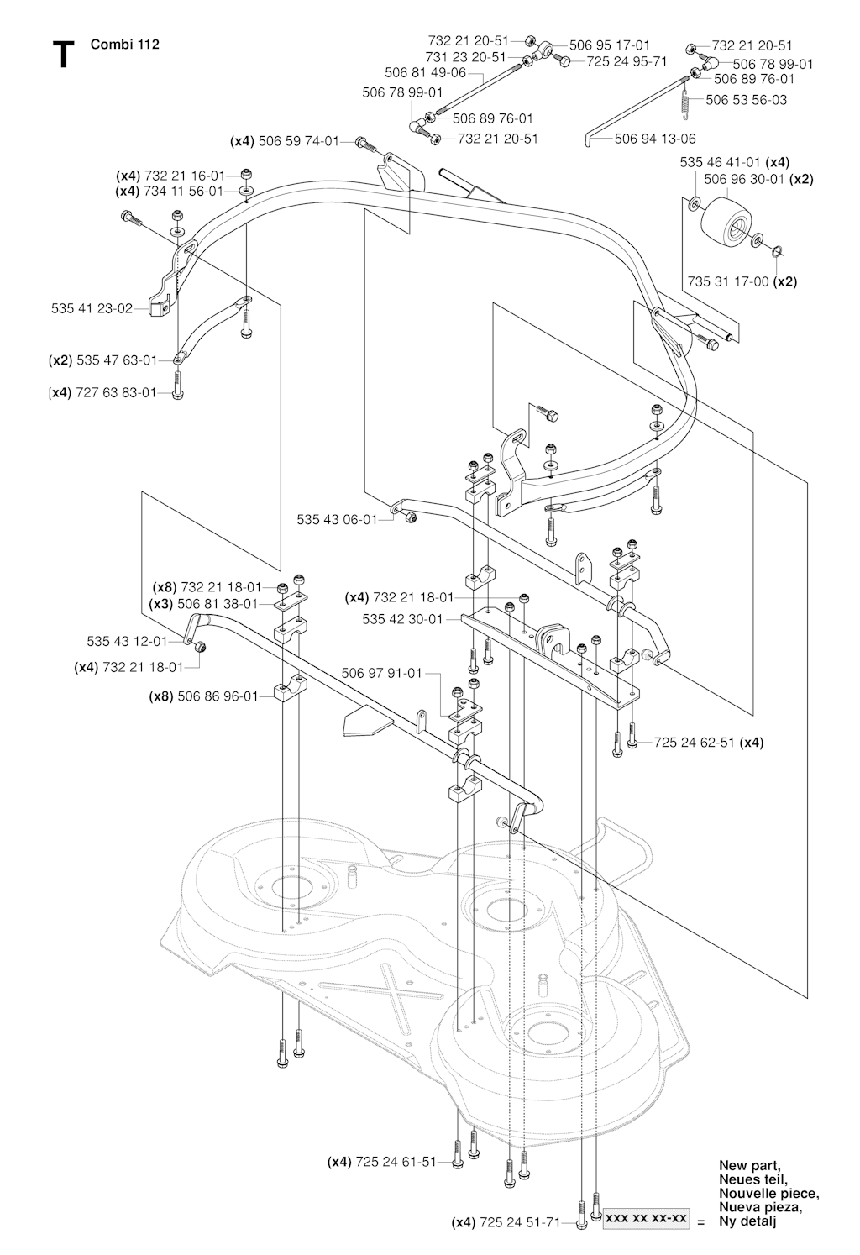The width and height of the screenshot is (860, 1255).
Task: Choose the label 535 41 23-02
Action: (92, 308)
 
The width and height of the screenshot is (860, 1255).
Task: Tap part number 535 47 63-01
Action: (117, 360)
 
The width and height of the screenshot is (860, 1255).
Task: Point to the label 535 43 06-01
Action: (338, 520)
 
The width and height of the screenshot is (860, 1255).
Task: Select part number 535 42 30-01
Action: (402, 619)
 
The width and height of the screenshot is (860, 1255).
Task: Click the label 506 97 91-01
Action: (382, 673)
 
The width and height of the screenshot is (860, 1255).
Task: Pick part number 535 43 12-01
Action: (128, 641)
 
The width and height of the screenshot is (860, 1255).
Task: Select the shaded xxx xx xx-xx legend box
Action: (646, 1218)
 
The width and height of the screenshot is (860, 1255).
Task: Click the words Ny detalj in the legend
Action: (747, 1222)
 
